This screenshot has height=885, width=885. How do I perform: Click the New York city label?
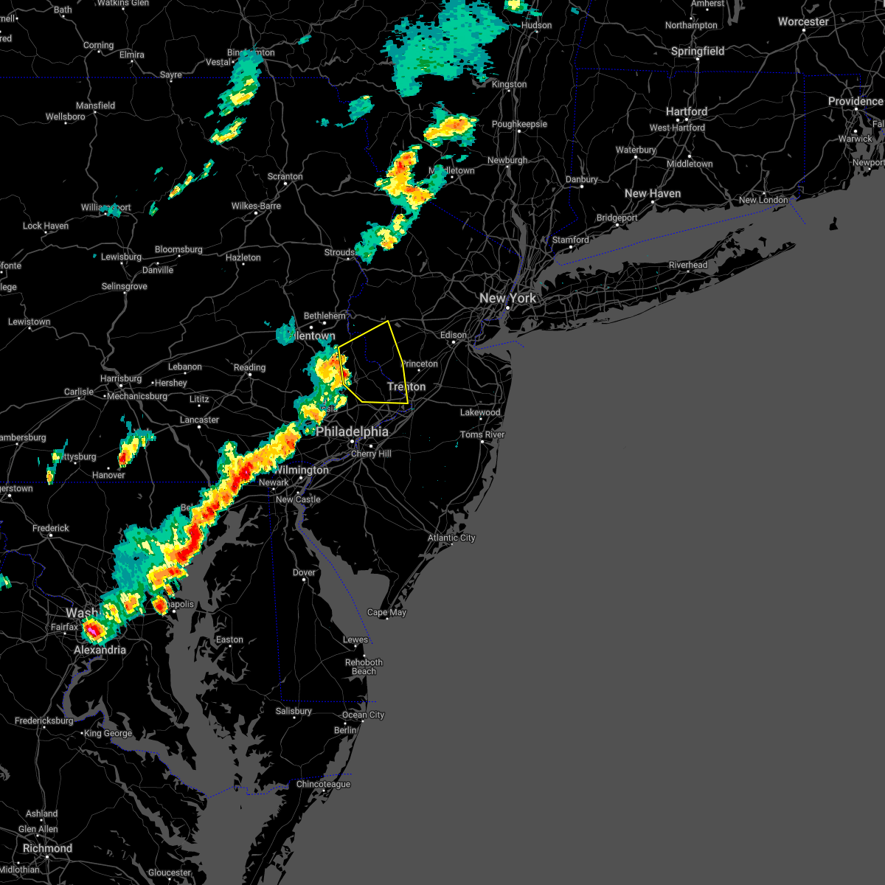pyautogui.click(x=507, y=298)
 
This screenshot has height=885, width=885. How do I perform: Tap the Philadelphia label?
pyautogui.click(x=352, y=431)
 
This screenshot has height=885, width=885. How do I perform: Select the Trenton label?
pyautogui.click(x=406, y=386)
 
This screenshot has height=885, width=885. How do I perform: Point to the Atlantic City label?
pyautogui.click(x=451, y=538)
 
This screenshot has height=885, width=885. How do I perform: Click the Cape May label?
pyautogui.click(x=386, y=612)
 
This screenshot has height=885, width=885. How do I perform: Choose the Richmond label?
pyautogui.click(x=47, y=848)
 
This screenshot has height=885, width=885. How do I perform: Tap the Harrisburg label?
pyautogui.click(x=121, y=378)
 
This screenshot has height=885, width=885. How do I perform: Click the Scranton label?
pyautogui.click(x=285, y=176)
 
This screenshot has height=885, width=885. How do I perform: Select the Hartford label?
pyautogui.click(x=686, y=111)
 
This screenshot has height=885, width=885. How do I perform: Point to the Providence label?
pyautogui.click(x=855, y=101)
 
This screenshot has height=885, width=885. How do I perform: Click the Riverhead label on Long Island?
pyautogui.click(x=687, y=265)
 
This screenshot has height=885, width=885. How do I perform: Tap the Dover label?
pyautogui.click(x=304, y=572)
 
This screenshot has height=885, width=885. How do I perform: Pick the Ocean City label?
pyautogui.click(x=363, y=715)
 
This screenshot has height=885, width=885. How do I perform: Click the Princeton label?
pyautogui.click(x=420, y=364)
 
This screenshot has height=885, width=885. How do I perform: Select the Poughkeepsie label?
pyautogui.click(x=519, y=124)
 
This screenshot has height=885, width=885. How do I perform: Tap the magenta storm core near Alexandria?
pyautogui.click(x=93, y=631)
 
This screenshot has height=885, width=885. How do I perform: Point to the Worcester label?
pyautogui.click(x=803, y=21)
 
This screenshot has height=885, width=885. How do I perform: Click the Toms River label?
pyautogui.click(x=482, y=434)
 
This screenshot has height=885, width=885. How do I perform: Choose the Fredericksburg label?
pyautogui.click(x=44, y=721)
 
